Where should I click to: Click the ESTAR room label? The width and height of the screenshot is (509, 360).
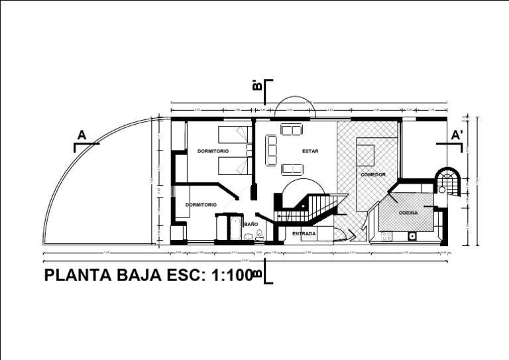click(x=310, y=151)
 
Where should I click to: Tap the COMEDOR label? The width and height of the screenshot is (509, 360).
click(x=373, y=174)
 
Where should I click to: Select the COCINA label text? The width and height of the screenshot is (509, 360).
click(x=408, y=213)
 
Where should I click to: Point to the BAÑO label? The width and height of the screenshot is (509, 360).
click(x=251, y=224)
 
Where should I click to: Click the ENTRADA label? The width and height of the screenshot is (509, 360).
click(x=304, y=233)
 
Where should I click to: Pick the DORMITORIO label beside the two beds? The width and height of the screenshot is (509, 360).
click(x=213, y=151)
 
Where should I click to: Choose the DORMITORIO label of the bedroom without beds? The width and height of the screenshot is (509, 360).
click(x=201, y=205)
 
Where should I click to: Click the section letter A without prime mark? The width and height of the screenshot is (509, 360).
click(x=82, y=135)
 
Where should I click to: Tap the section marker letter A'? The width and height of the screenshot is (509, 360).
click(x=457, y=135)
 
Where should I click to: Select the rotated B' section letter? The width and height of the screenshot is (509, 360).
click(x=257, y=85)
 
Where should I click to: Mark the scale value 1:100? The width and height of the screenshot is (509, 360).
click(x=231, y=276)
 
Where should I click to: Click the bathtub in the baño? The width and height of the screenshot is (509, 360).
click(x=235, y=227)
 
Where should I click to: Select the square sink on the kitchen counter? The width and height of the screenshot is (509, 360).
click(x=412, y=235)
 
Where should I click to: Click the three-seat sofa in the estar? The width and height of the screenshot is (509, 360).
click(x=272, y=150)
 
